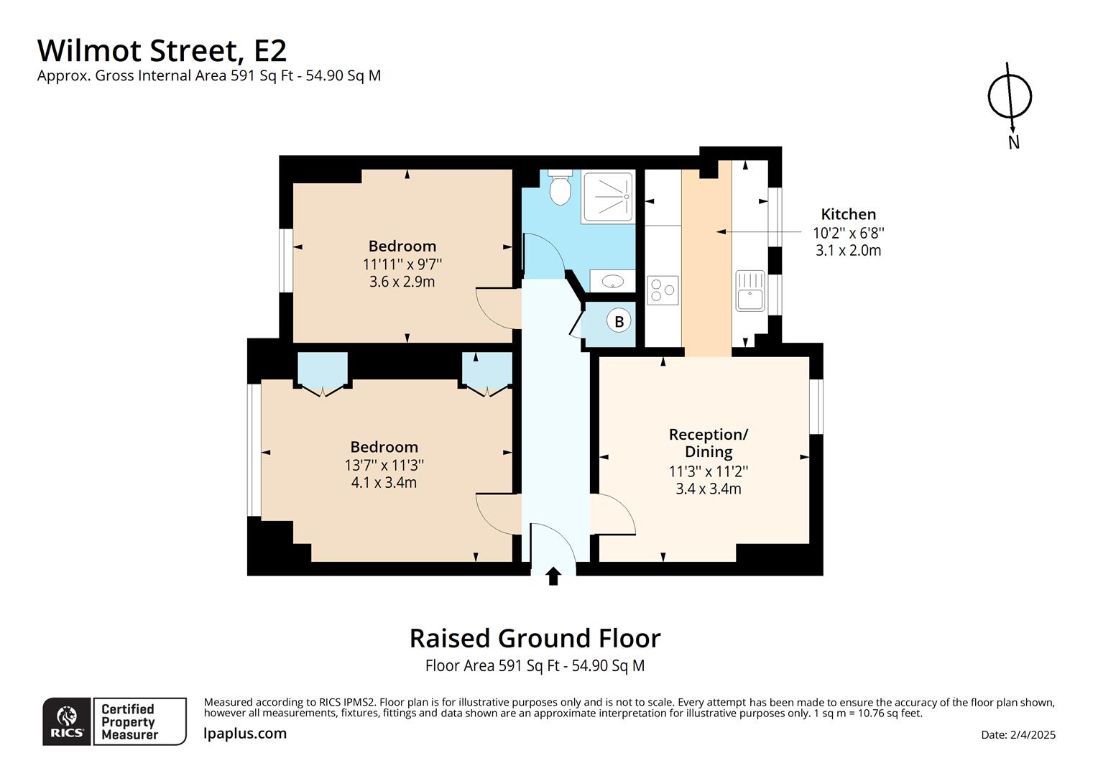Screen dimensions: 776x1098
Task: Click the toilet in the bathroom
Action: tap(559, 188)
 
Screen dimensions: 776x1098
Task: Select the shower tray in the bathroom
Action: tap(609, 196)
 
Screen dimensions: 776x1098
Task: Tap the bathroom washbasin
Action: tap(612, 281)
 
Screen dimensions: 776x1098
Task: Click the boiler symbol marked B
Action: tap(619, 321)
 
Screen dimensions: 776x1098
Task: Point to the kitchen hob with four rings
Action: tap(663, 290)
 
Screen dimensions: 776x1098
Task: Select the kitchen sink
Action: tap(750, 290)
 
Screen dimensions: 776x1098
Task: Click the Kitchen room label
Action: tap(848, 214)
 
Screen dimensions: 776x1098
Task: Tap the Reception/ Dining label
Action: tap(709, 443)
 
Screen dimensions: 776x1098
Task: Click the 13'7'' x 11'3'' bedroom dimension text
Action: tap(384, 465)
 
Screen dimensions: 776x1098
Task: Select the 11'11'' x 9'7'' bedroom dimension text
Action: tap(402, 264)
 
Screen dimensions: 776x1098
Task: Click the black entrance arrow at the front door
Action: tap(553, 576)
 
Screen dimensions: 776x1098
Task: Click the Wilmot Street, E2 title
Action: tap(162, 50)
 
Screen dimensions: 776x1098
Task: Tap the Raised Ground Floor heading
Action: tap(535, 638)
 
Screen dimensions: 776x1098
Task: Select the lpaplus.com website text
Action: tap(245, 734)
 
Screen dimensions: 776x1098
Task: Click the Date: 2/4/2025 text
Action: tap(1018, 734)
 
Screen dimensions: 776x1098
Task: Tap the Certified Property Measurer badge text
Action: tap(129, 721)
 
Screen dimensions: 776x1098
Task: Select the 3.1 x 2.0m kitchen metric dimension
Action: tap(848, 251)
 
